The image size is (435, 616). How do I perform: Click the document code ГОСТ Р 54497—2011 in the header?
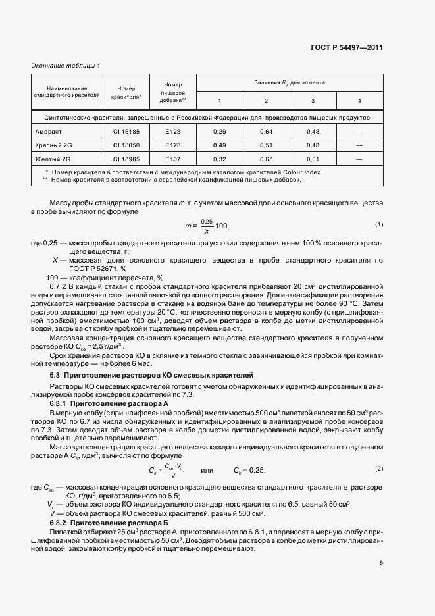[x=347, y=48]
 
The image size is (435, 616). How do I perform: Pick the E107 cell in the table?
[x=173, y=159]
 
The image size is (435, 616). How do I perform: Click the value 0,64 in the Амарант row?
[x=266, y=132]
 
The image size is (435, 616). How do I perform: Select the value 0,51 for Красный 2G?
[x=266, y=145]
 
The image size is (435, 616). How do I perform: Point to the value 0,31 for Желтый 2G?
[x=313, y=159]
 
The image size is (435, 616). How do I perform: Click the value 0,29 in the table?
[x=220, y=132]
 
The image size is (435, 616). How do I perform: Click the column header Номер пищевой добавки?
[x=173, y=92]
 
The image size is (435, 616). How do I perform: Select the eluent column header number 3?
[x=313, y=100]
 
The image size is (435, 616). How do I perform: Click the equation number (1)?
[x=378, y=224]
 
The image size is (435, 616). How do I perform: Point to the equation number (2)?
[x=378, y=468]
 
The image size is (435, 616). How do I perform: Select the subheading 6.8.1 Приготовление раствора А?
[x=110, y=401]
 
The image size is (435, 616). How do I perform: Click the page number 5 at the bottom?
[x=380, y=562]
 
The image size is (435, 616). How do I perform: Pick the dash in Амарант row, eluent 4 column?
[x=359, y=132]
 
